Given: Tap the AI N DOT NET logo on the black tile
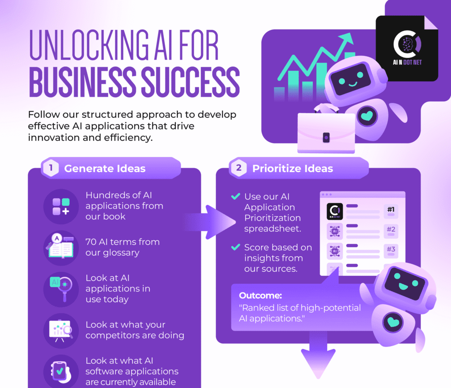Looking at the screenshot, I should pos(407,49).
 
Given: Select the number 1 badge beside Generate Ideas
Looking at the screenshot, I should pos(51,168).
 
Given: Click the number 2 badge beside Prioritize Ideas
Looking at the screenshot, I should pos(239,168).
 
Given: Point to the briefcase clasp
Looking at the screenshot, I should pos(326,138).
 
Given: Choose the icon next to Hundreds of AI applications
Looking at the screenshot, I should pos(61,206).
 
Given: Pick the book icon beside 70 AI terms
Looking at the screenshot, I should pos(60,247).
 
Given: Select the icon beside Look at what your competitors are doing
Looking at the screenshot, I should pos(61,329).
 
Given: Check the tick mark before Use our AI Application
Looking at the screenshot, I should pos(236,197).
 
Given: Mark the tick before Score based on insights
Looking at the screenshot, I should pos(236,248).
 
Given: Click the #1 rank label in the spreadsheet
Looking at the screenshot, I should pos(391,209).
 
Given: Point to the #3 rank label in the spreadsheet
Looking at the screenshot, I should pos(391,249).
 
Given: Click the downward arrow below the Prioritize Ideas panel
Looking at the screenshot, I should pos(315,355).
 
